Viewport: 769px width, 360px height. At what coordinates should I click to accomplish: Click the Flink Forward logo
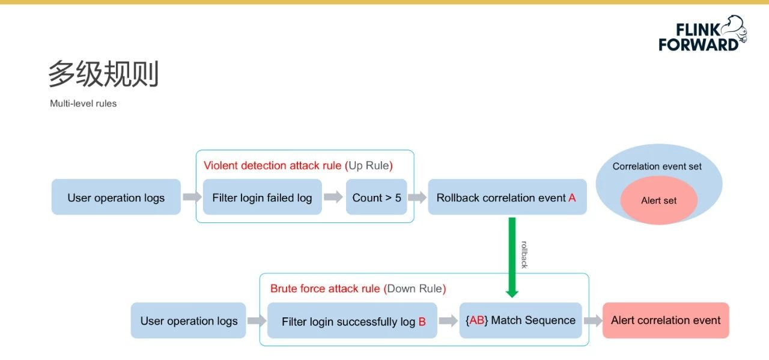(703, 34)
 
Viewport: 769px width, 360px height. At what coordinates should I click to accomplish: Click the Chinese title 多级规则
(103, 73)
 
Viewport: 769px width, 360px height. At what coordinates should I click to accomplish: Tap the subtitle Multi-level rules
(83, 103)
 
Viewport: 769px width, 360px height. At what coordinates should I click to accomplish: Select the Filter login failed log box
(263, 197)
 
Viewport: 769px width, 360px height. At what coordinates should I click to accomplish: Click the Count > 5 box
(377, 197)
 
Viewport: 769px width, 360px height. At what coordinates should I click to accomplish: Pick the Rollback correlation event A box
(507, 197)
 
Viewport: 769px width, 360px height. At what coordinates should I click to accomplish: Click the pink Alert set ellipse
(659, 200)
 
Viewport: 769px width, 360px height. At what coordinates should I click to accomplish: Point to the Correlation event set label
(657, 166)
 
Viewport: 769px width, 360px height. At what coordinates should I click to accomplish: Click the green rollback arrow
(512, 257)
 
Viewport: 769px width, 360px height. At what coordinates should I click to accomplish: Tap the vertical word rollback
(524, 255)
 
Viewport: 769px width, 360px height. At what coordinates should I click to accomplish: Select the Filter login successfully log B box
(352, 320)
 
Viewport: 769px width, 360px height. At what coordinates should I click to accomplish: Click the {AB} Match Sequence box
(520, 320)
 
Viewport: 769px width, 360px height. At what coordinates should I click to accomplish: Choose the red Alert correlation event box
(666, 320)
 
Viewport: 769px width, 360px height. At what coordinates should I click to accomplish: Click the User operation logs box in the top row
(116, 197)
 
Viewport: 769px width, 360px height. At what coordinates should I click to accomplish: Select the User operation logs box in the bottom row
(189, 320)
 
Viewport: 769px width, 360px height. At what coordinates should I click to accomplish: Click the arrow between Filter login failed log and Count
(333, 197)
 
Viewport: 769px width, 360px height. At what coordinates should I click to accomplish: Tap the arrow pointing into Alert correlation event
(593, 320)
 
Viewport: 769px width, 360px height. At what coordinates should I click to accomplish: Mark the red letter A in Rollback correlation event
(572, 198)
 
